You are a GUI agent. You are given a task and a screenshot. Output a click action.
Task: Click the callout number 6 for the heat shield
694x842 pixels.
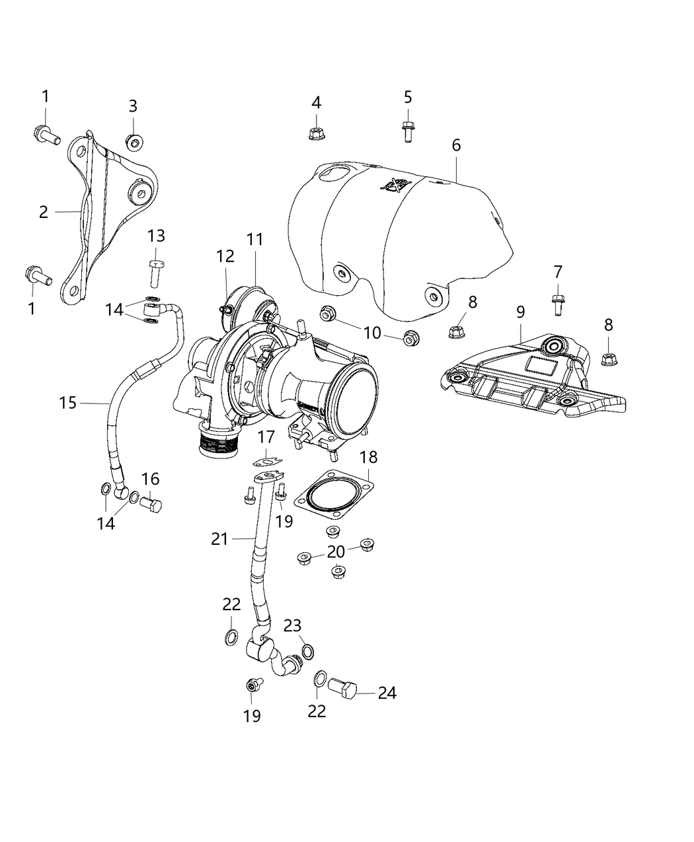tap(456, 145)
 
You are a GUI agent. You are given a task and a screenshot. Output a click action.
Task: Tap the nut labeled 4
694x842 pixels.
tap(316, 133)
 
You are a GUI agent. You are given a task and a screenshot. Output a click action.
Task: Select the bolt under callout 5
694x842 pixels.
tap(408, 131)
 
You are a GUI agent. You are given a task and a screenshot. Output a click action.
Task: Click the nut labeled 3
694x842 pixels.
tap(135, 141)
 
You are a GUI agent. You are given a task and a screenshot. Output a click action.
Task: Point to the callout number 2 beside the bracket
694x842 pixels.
tap(44, 212)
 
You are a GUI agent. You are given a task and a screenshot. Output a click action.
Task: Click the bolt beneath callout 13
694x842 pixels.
tap(155, 273)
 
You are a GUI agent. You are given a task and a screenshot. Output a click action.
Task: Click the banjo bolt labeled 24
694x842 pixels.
tap(342, 691)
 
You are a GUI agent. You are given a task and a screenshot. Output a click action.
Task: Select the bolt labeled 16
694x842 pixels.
tap(151, 506)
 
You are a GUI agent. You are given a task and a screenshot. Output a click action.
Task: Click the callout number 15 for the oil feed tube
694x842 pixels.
tap(68, 402)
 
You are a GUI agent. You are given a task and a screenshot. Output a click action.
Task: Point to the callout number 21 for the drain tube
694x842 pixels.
tap(219, 539)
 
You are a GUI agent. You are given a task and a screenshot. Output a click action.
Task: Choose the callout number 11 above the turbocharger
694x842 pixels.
tap(255, 240)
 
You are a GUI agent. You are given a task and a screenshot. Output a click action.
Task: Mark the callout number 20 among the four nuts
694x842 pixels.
tap(336, 551)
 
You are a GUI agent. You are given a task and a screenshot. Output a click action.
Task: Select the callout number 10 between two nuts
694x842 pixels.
tap(372, 332)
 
